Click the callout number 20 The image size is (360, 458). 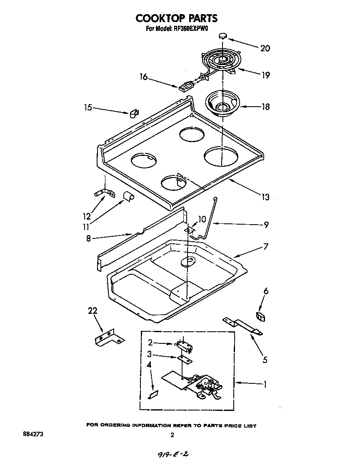[x=265, y=48]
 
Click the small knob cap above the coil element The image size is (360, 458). [x=223, y=36]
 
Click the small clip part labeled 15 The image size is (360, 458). [x=133, y=114]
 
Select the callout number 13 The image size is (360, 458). [x=265, y=197]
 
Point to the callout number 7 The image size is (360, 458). [x=265, y=247]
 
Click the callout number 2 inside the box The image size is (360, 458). [x=150, y=343]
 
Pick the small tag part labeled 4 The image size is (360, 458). [x=153, y=393]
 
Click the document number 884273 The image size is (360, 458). [x=33, y=434]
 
